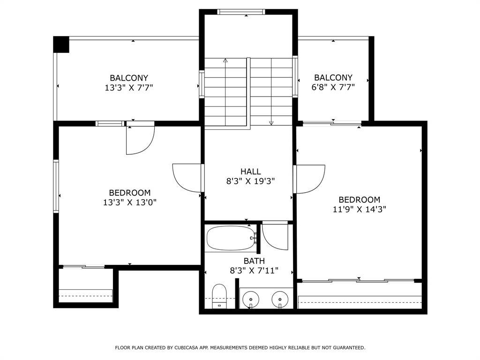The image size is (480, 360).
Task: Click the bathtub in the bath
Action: [x=230, y=238]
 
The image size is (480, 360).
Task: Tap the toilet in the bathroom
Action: [x=219, y=296]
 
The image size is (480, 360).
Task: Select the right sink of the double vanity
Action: [x=280, y=298]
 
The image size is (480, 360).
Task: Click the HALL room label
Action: [x=250, y=172]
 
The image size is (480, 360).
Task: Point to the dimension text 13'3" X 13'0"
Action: [x=129, y=202]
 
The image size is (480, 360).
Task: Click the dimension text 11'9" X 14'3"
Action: [x=359, y=210]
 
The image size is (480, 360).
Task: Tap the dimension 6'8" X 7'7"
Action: [x=333, y=87]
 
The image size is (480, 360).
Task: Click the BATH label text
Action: [x=254, y=261]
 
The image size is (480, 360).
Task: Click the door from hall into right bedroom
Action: [x=310, y=179]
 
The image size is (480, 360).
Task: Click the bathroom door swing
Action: [x=275, y=237]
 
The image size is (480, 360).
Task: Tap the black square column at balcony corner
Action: [x=61, y=45]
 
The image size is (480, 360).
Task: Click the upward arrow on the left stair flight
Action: [x=225, y=60]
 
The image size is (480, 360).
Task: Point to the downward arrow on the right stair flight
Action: [x=271, y=123]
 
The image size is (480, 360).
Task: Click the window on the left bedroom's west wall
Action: [x=56, y=186]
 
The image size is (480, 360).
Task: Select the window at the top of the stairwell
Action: [x=241, y=12]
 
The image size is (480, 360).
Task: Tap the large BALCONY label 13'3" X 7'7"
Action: [x=129, y=82]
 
